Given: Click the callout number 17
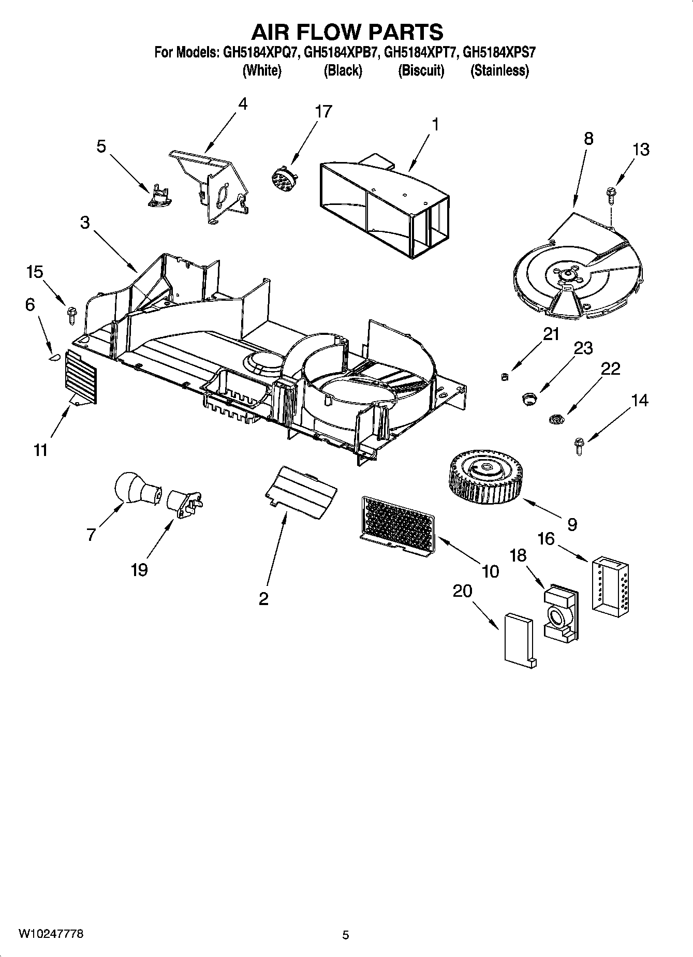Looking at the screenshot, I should (323, 111).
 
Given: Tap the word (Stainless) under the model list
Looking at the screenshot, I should (499, 71).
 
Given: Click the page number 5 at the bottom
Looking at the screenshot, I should (346, 935).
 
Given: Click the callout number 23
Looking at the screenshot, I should (583, 348).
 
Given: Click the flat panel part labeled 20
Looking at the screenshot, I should (519, 640).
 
